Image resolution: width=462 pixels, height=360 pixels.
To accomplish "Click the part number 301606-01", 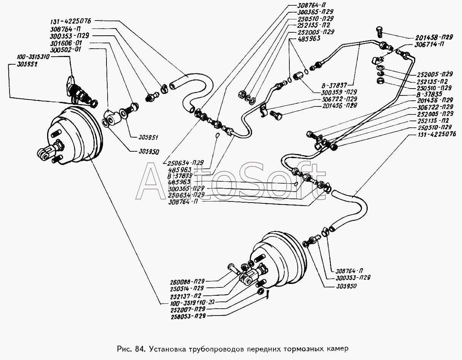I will click(71, 43).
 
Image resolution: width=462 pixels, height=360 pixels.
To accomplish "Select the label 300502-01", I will click(71, 50).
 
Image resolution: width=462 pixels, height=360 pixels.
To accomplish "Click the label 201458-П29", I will click(431, 37).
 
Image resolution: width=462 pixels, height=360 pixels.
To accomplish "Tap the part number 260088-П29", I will click(187, 282).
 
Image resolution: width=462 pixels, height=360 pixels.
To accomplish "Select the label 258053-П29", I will click(187, 316).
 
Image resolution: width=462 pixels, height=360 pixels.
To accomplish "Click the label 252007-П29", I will click(187, 309).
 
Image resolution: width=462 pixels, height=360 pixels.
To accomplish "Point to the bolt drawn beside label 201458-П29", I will click(380, 32).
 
